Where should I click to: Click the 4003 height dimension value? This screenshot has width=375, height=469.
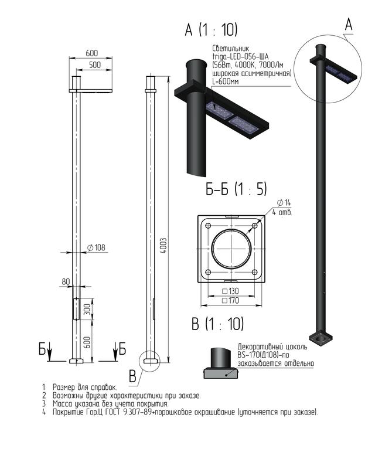(x=163, y=246)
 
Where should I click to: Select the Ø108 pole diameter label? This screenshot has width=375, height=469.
(x=96, y=247)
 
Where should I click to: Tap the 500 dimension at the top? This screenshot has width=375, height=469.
(x=95, y=65)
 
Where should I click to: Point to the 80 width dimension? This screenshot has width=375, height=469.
(x=66, y=282)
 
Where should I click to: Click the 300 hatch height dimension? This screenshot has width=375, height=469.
(x=87, y=310)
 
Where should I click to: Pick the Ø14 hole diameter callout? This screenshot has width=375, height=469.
(x=284, y=203)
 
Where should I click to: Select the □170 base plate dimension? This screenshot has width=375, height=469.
(x=230, y=300)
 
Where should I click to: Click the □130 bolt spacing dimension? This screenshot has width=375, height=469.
(x=230, y=291)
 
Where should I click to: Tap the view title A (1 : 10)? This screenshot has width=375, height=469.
(x=211, y=30)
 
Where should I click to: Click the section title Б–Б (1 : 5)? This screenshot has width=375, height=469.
(x=236, y=189)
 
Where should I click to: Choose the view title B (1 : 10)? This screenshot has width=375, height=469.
(x=218, y=324)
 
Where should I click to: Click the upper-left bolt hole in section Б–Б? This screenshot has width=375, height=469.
(x=209, y=226)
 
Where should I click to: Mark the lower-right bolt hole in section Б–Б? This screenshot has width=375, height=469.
(x=254, y=272)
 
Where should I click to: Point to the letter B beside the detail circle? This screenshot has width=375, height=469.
(x=132, y=376)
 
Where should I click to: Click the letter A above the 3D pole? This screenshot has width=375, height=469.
(x=349, y=25)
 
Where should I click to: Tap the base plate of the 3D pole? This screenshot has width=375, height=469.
(x=322, y=338)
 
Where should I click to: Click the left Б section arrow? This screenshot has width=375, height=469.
(x=50, y=352)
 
